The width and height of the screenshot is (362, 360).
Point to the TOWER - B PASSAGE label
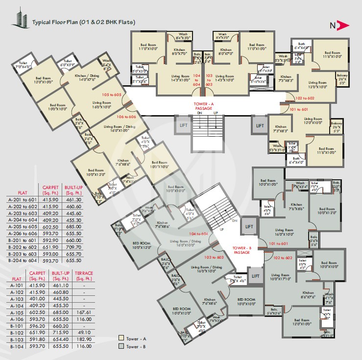coord(242,250)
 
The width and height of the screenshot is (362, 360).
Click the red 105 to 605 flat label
coord(112,94)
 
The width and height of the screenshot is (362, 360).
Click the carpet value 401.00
coord(38,298)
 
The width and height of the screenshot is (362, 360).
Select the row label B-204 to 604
coord(23,261)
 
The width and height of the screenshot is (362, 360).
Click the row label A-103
coord(16,298)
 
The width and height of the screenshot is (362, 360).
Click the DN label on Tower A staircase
coord(199,113)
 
